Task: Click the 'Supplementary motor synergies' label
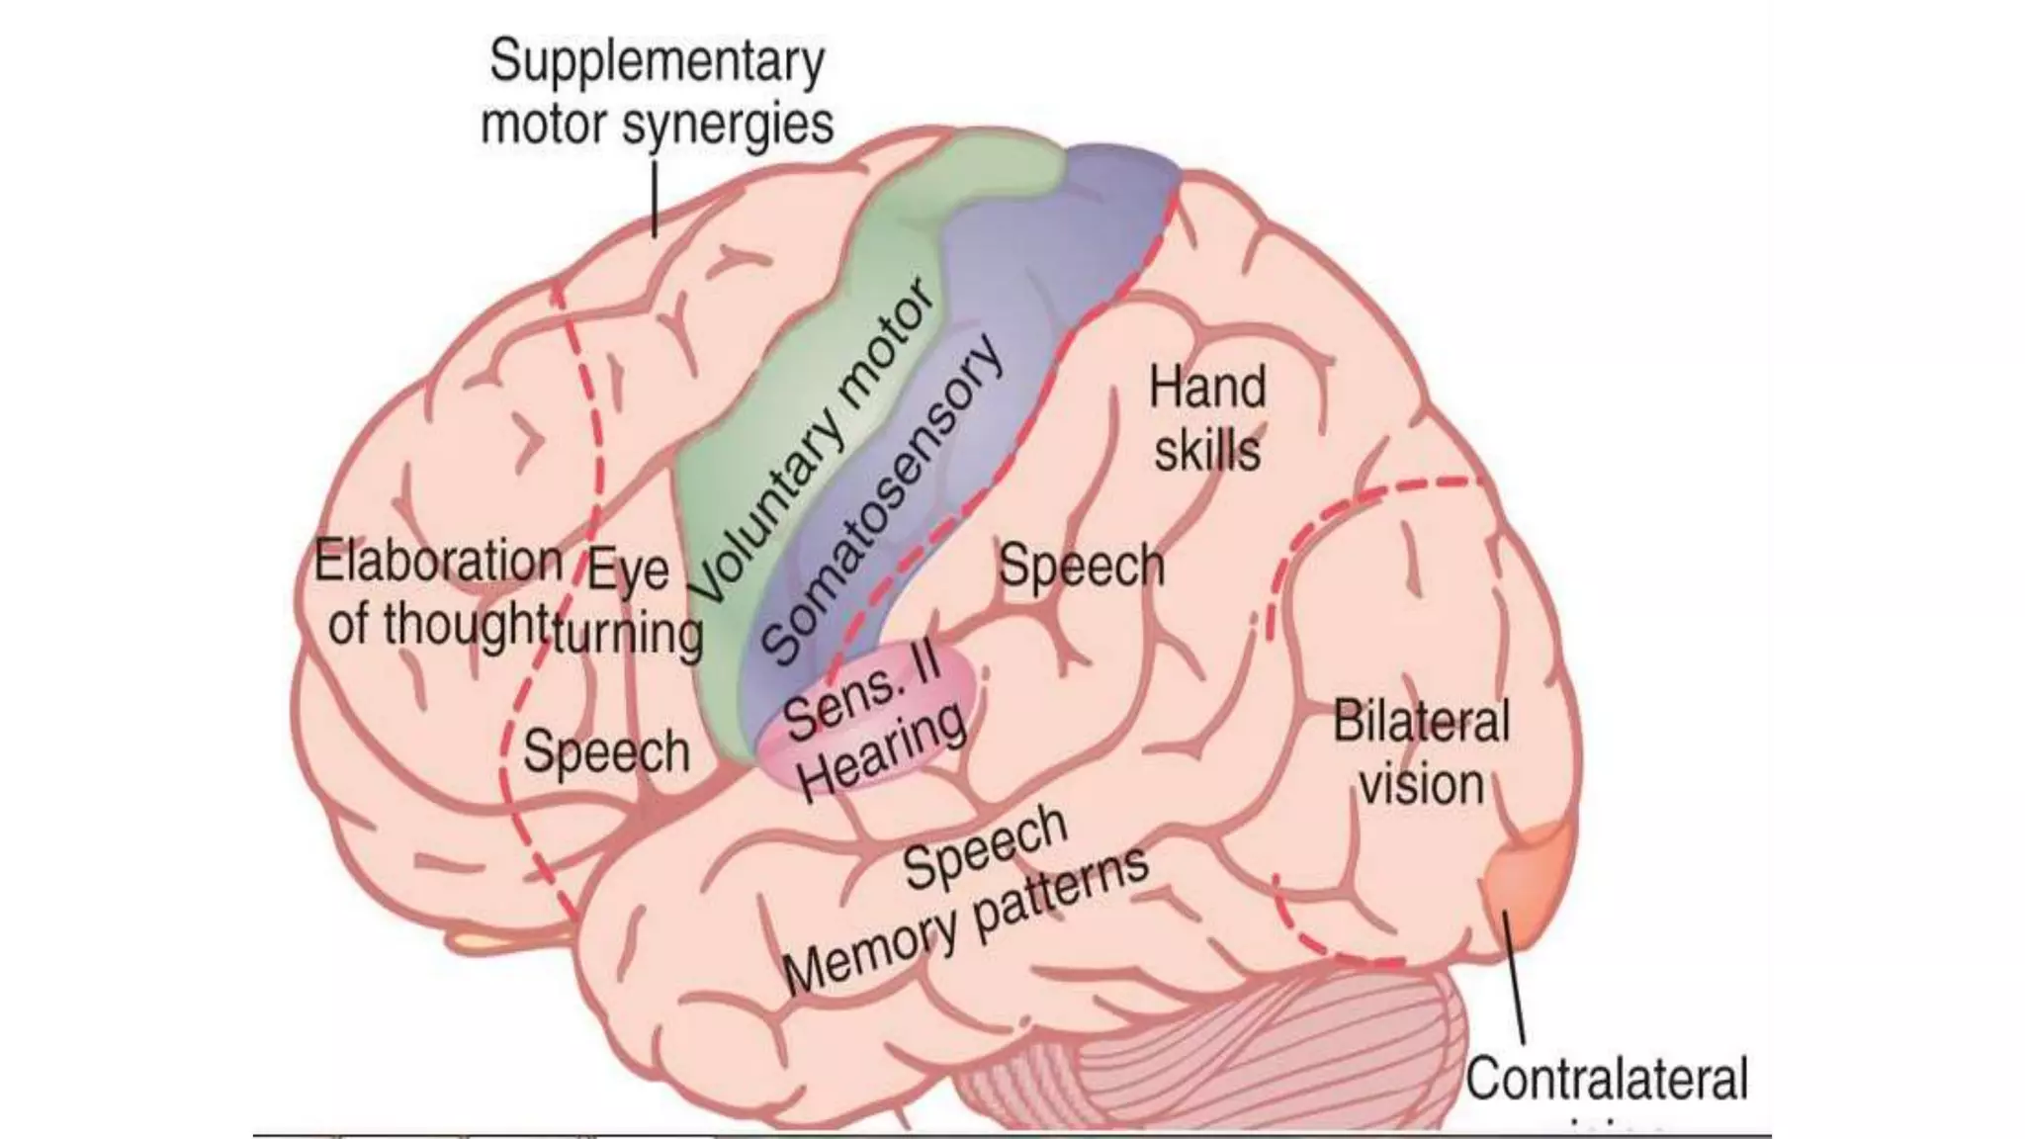[657, 93]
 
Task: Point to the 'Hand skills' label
[1207, 419]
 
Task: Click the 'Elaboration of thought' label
[437, 593]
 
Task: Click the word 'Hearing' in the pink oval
[883, 753]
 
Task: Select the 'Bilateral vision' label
[1421, 752]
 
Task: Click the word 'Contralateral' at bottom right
[1607, 1078]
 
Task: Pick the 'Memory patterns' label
[966, 922]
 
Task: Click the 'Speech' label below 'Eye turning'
[606, 752]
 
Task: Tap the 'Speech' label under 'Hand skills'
[1082, 567]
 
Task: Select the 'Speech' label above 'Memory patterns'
[986, 847]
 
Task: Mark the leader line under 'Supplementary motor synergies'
[654, 201]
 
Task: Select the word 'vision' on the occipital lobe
[1422, 785]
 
